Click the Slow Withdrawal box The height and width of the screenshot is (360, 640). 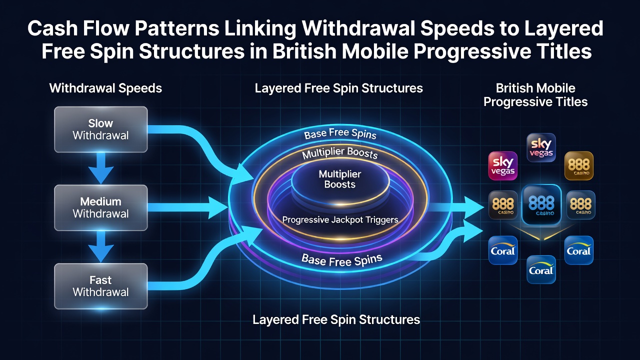click(101, 129)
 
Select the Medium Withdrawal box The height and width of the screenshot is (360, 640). click(101, 207)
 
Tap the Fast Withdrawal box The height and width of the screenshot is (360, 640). click(101, 286)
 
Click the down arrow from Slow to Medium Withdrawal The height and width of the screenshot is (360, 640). click(101, 168)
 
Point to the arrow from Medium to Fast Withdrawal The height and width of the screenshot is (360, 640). click(101, 246)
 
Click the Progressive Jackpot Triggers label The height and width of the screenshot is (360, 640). click(340, 219)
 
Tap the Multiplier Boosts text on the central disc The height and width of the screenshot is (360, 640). click(340, 179)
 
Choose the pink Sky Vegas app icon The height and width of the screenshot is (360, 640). click(503, 166)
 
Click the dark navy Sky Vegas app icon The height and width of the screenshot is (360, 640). click(541, 147)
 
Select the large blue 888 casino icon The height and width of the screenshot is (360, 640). click(541, 204)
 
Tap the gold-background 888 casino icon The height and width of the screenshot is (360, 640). click(579, 165)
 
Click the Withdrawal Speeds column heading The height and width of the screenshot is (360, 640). click(105, 88)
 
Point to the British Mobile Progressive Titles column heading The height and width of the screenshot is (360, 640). click(535, 95)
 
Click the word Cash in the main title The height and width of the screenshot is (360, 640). click(52, 28)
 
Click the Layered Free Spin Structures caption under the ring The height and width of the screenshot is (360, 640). click(336, 319)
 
